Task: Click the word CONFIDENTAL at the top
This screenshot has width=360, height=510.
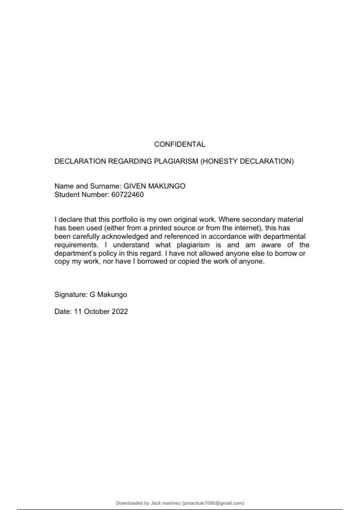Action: [x=179, y=144]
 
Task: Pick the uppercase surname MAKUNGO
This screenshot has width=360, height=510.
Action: [x=166, y=186]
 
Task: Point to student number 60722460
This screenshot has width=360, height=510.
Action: [x=127, y=195]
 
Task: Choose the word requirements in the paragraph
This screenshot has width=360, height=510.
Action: [x=76, y=245]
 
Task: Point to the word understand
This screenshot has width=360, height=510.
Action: [x=131, y=245]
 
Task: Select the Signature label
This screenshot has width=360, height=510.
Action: [x=71, y=295]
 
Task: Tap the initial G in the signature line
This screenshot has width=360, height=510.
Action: [x=92, y=295]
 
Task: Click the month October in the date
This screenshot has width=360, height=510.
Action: [x=97, y=311]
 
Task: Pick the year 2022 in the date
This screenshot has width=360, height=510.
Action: [x=120, y=311]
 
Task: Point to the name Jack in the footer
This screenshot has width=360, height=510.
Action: [x=156, y=503]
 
